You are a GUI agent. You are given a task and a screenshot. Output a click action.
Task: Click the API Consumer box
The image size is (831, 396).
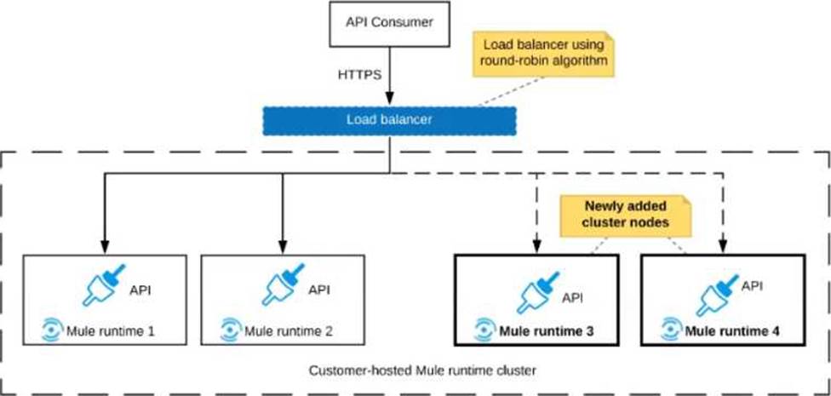coord(390,23)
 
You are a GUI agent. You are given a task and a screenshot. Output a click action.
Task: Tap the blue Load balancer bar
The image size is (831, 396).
coord(390,121)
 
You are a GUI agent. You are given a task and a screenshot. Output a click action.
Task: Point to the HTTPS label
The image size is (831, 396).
coord(360,75)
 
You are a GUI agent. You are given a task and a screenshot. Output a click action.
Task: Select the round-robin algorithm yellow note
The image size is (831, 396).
coord(542,53)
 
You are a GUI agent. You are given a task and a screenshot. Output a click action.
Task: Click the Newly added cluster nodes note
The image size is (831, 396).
coord(625,215)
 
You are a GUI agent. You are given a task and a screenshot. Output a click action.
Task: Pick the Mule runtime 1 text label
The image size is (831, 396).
coord(110,332)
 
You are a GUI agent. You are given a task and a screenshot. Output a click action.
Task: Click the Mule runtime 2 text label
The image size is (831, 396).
coord(289,332)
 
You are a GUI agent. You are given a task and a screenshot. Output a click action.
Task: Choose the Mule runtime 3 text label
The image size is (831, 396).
coord(547,332)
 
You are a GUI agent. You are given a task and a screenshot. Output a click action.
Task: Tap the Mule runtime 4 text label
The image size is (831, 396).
coord(732,332)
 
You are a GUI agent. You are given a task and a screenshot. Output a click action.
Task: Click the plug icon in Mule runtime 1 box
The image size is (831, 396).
coord(104,284)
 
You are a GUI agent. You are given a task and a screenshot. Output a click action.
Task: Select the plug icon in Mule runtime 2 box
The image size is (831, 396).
coord(283,284)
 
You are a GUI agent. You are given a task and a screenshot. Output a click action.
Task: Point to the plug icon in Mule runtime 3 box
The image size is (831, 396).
coord(538,292)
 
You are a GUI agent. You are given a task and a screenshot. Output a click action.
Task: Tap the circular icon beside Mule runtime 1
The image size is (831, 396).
coord(52,330)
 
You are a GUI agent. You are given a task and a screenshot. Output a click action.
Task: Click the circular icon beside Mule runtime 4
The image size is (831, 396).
coord(670,330)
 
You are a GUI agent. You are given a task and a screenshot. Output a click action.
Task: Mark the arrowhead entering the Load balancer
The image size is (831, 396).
coord(390,99)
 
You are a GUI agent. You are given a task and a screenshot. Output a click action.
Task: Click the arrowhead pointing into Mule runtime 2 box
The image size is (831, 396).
coord(283,248)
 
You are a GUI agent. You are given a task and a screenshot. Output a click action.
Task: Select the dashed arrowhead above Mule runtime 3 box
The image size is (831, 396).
coord(537,248)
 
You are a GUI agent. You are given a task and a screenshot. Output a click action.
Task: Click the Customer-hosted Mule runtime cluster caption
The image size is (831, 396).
coord(422,370)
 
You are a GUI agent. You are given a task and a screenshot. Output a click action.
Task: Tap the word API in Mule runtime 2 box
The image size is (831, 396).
coord(318,290)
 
